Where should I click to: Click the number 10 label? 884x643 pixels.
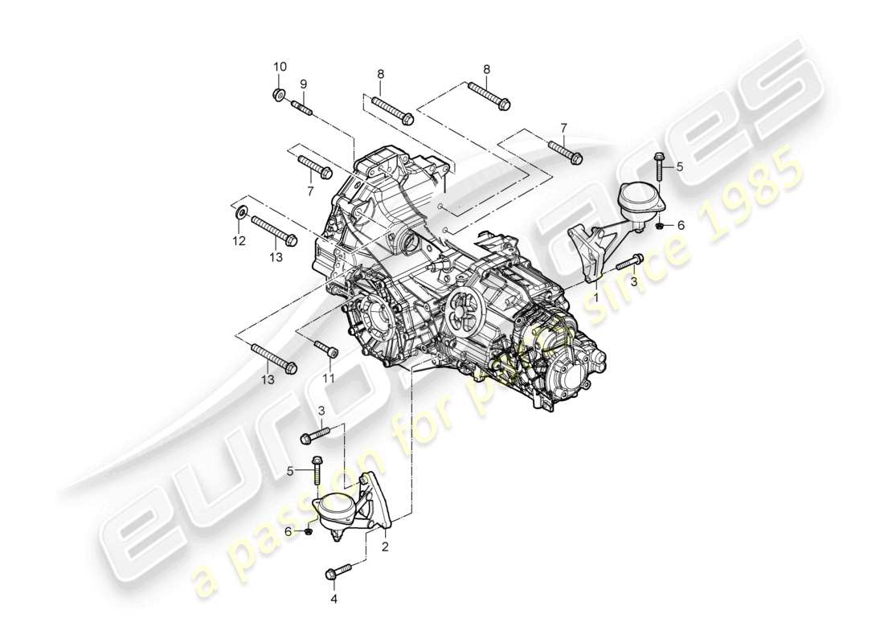click(279, 66)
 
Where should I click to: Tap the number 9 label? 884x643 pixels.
click(304, 84)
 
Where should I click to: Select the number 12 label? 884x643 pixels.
click(239, 241)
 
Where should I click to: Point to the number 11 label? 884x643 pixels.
click(328, 377)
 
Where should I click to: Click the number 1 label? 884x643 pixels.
click(596, 296)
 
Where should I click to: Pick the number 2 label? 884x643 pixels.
click(385, 547)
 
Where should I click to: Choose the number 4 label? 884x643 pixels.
click(334, 598)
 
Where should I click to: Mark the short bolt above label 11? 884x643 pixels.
click(326, 349)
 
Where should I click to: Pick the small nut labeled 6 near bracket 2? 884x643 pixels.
click(309, 531)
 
